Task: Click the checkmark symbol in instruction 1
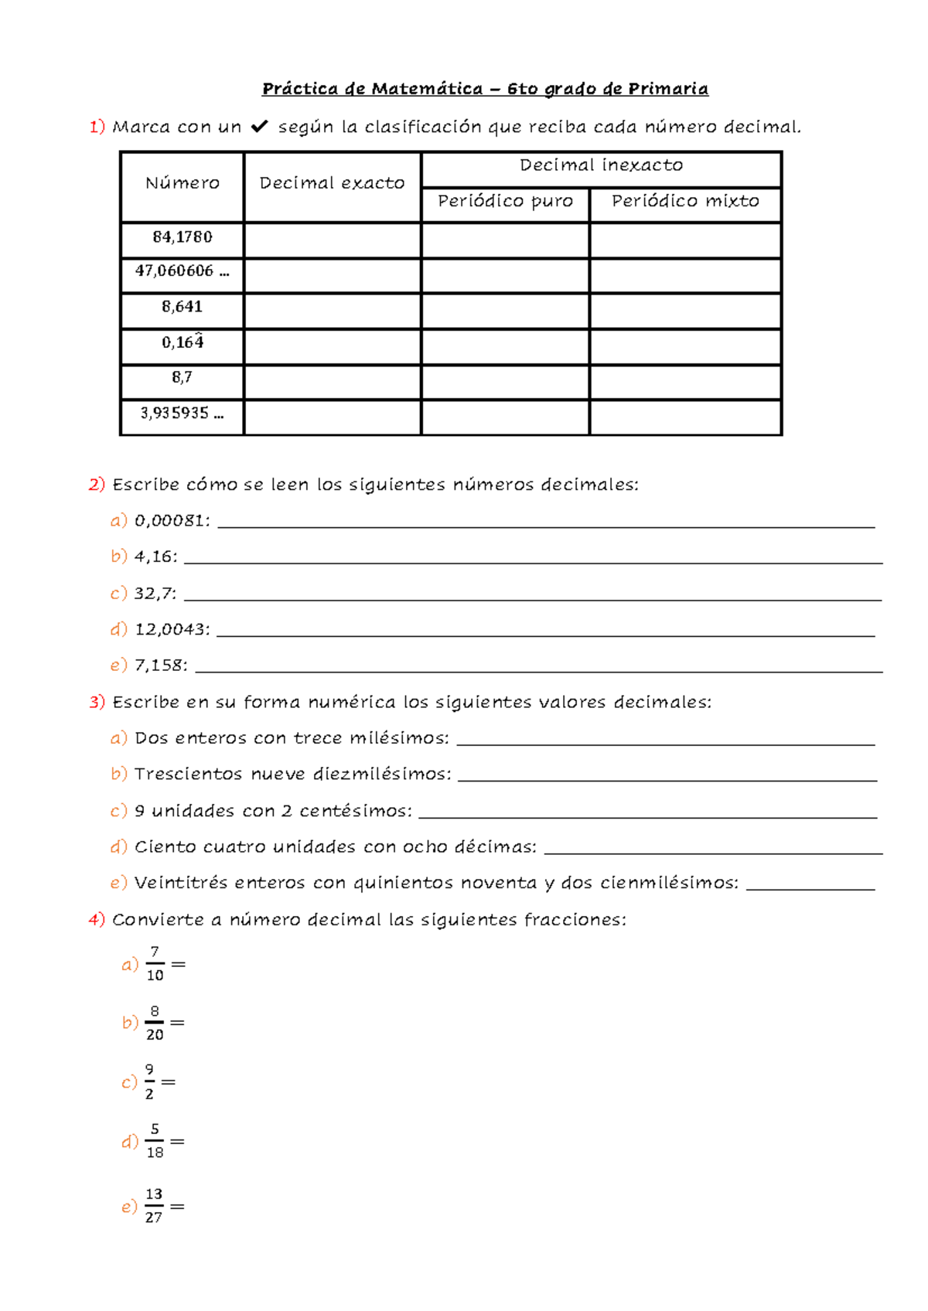click(x=259, y=126)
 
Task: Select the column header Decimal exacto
click(x=332, y=183)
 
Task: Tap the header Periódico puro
click(x=505, y=201)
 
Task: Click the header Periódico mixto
click(x=685, y=201)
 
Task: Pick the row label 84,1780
click(x=183, y=237)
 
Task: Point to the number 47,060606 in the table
click(x=175, y=271)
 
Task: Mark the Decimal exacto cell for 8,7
click(x=333, y=382)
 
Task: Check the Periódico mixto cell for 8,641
click(x=685, y=311)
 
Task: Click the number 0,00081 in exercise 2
click(x=169, y=521)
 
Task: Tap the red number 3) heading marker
click(x=97, y=702)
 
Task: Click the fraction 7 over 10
click(x=155, y=964)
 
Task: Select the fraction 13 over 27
click(x=154, y=1206)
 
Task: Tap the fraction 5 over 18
click(x=155, y=1141)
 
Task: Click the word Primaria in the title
click(x=667, y=89)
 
